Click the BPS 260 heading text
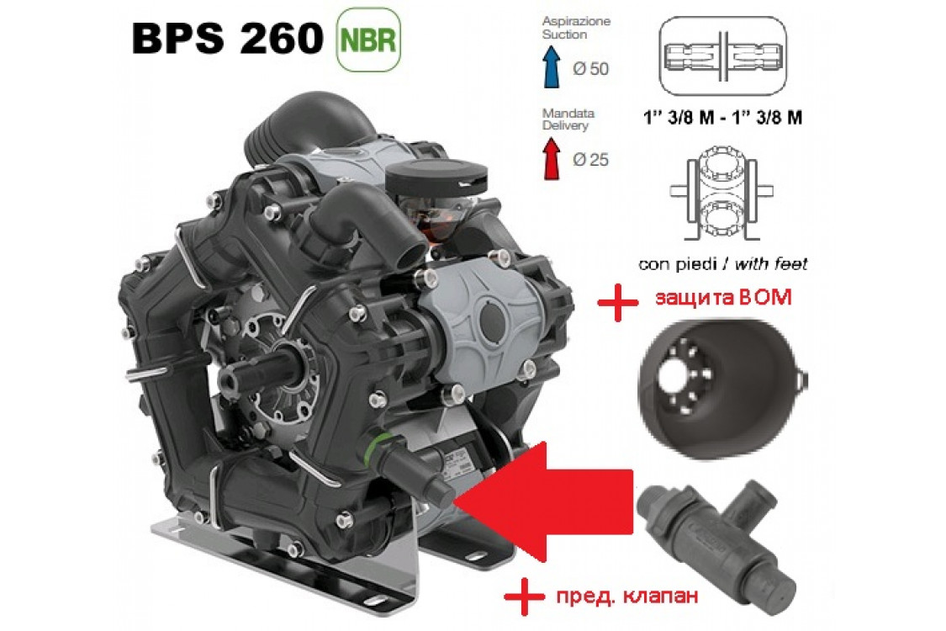tap(225, 38)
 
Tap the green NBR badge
tap(367, 39)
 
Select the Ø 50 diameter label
tap(589, 69)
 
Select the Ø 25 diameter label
tap(589, 160)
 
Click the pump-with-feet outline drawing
tap(721, 194)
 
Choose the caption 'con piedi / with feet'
tap(722, 264)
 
